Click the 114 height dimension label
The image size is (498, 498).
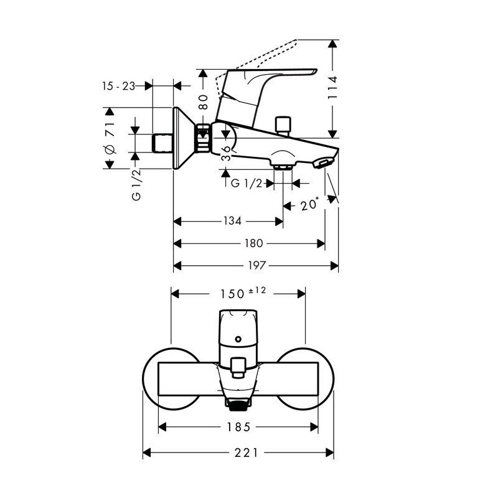333,87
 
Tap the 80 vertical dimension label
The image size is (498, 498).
203,101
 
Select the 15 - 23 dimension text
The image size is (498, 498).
118,86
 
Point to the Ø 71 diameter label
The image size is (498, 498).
110,137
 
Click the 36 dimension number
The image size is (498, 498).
226,153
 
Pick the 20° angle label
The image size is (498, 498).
309,204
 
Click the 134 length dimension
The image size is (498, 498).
232,221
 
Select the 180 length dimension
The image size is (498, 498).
254,243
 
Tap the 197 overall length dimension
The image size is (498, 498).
256,265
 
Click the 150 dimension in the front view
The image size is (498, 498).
232,294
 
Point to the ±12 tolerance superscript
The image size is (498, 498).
257,290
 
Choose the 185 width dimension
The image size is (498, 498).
238,427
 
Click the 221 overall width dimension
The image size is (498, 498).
247,453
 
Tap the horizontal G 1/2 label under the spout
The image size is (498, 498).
247,183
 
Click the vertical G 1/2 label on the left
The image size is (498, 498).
136,185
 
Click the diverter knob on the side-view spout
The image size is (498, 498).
283,125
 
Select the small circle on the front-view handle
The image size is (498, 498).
238,339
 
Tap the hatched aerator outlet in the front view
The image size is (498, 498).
238,406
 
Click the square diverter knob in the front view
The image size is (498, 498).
238,367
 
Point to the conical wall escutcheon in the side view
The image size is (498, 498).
184,138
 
